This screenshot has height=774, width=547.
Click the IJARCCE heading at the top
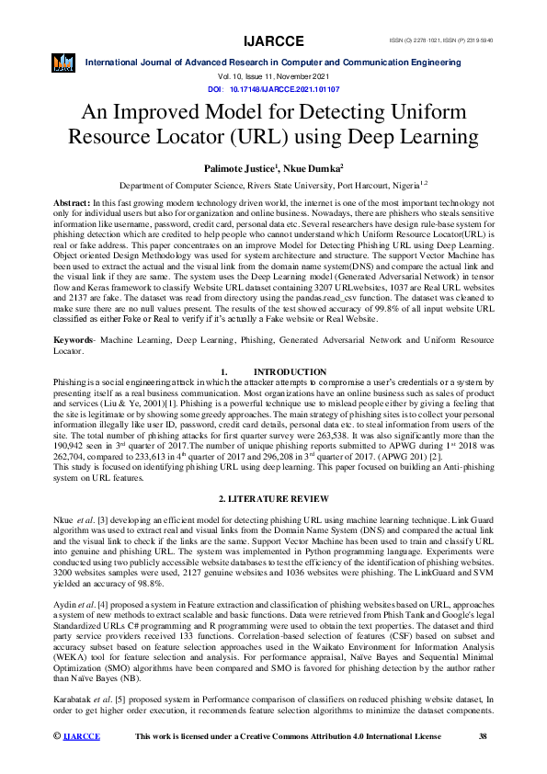coord(273,42)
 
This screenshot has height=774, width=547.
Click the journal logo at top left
coord(63,63)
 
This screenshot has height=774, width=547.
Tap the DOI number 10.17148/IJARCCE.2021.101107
coord(284,90)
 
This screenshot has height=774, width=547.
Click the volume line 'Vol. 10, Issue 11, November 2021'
coord(273,78)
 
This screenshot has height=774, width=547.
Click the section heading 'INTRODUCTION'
coord(289,370)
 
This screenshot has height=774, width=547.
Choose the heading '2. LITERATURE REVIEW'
coord(273,498)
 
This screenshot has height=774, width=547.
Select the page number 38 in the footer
coord(484,762)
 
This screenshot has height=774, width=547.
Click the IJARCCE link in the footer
coord(82,762)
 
